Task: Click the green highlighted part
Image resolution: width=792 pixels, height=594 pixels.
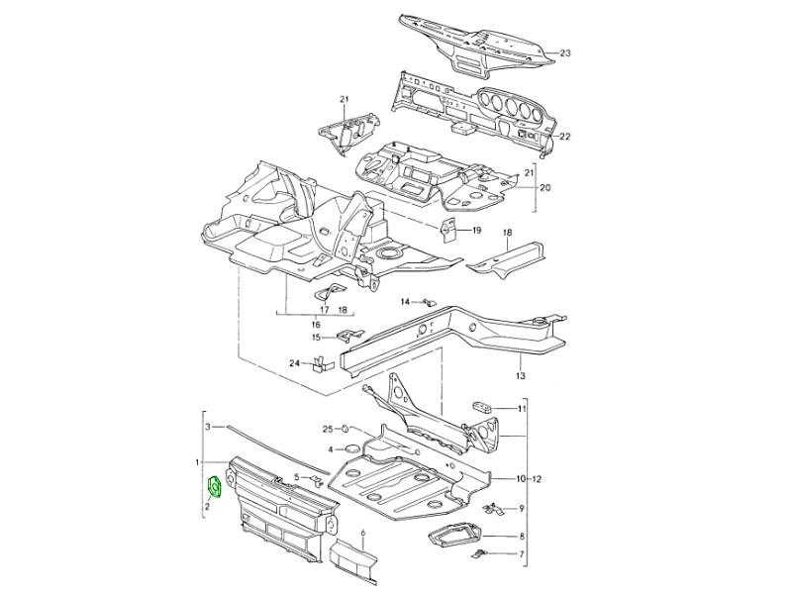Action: point(215,487)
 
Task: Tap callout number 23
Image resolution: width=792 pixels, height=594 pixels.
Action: point(565,52)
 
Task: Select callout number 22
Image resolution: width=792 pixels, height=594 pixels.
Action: point(564,137)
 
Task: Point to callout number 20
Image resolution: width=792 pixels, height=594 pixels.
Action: point(545,187)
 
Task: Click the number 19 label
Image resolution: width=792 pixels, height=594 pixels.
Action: point(476,231)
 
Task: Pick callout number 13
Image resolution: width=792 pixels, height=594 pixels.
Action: point(521,376)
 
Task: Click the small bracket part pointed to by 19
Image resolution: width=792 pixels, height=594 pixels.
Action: point(448,231)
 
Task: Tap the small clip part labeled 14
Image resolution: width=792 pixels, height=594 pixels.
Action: point(430,303)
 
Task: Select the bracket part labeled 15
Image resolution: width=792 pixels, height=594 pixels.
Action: point(350,335)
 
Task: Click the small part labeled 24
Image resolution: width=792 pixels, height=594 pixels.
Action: point(319,364)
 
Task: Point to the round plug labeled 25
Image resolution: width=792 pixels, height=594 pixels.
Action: point(344,430)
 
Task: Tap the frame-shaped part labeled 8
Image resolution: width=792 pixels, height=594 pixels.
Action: point(453,535)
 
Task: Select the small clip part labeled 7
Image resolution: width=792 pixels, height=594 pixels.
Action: point(479,553)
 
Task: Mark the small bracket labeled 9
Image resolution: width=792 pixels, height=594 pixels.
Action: point(493,509)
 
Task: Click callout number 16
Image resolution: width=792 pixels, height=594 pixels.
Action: point(316,324)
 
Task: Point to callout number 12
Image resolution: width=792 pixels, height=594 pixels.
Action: point(537,478)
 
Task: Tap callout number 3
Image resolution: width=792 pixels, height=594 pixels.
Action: point(207,428)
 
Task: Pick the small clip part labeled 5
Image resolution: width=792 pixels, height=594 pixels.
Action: point(317,480)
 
